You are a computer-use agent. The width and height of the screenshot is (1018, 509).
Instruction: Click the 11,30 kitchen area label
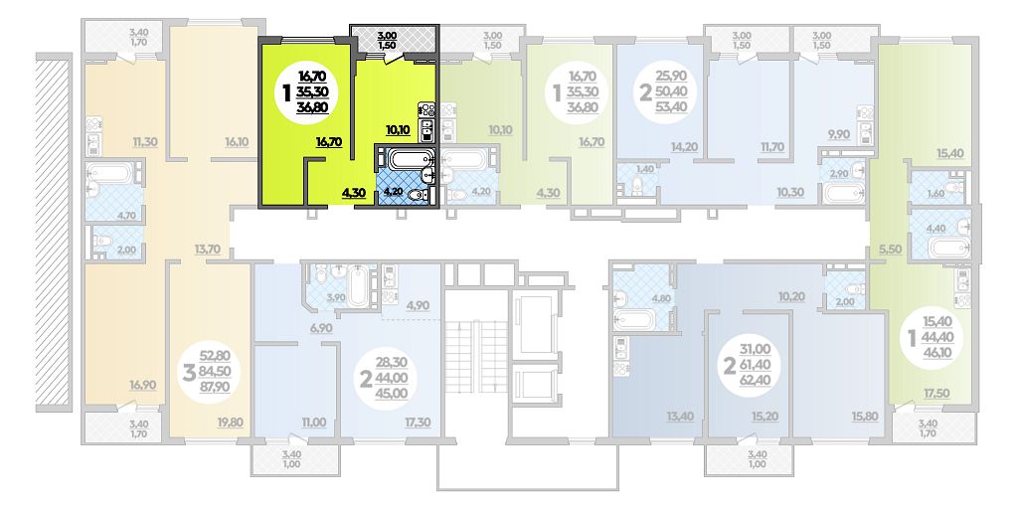tap(145, 141)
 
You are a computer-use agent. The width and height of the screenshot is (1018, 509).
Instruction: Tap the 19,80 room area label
tap(231, 423)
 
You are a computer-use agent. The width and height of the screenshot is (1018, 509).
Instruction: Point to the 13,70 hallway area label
tap(207, 248)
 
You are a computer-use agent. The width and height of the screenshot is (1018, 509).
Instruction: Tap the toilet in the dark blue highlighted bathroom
tap(420, 194)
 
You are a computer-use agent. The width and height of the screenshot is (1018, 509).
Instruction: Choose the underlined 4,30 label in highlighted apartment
tap(355, 192)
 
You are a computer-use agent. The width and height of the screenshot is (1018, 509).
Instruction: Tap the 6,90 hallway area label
tap(321, 328)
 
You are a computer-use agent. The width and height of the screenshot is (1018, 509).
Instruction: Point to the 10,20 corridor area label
tap(791, 296)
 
